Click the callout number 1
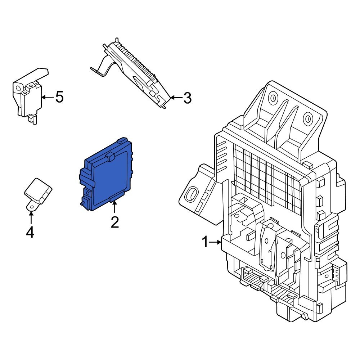coord(204,242)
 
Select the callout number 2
coord(114,222)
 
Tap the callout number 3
coord(187,98)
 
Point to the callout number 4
coord(30,232)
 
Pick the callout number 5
coord(59,97)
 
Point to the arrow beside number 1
coord(216,242)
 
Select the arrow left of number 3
coord(175,98)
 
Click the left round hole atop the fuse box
coord(273,97)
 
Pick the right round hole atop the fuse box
coord(307,118)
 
